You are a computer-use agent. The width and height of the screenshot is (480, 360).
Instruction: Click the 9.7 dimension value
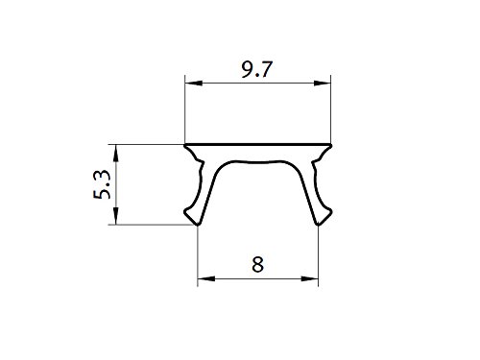(256, 69)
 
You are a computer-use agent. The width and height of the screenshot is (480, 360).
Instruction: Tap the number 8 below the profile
(256, 265)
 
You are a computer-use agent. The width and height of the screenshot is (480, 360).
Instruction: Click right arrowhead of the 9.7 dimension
(325, 84)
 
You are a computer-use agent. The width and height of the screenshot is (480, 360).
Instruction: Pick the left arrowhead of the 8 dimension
(203, 280)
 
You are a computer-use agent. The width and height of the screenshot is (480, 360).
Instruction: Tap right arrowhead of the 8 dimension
(313, 280)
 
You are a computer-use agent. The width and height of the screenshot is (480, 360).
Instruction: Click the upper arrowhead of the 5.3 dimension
(117, 150)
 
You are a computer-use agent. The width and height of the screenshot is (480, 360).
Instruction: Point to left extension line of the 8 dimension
(198, 254)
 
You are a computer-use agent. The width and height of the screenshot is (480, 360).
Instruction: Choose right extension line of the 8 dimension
(319, 254)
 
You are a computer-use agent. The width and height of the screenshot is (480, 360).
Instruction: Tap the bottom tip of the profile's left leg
(198, 225)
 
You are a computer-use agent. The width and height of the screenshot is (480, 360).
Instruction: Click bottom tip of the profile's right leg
(319, 225)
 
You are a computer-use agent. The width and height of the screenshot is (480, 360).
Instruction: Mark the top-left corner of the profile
(186, 145)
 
